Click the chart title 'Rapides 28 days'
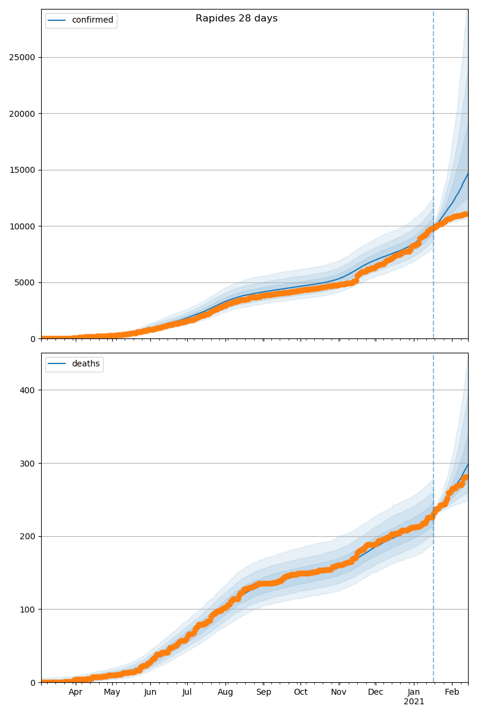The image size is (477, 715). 236,18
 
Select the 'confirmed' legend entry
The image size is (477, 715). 92,20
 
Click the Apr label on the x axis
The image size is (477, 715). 75,692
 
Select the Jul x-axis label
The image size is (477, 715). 187,692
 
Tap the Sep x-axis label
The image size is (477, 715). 264,692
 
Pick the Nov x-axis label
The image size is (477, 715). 339,692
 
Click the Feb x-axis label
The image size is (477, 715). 452,692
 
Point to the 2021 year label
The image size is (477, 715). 414,702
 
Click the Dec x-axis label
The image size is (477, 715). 376,692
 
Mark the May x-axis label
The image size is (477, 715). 112,692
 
